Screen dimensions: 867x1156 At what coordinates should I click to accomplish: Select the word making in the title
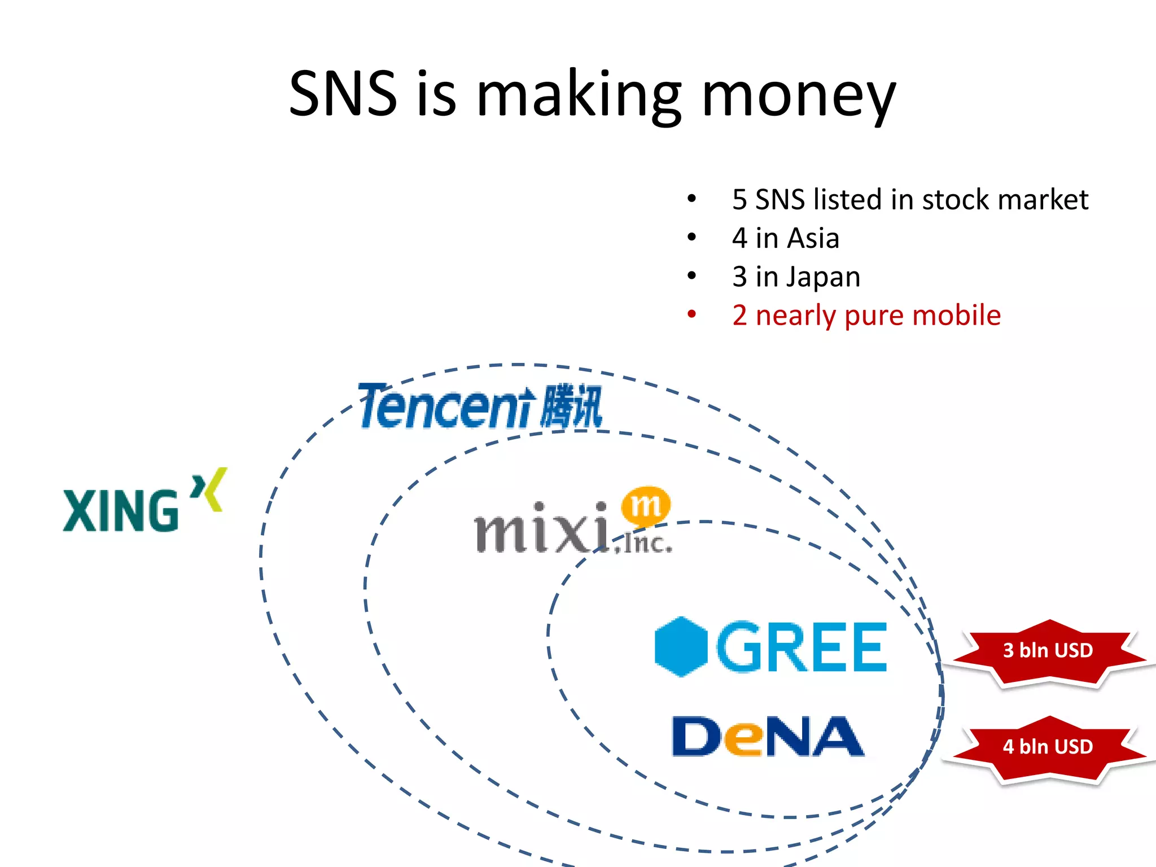(x=579, y=96)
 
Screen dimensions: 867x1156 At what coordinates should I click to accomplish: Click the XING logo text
(x=121, y=511)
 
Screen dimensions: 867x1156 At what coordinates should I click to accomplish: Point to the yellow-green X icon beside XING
(x=209, y=489)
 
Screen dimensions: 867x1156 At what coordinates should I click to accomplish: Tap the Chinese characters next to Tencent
(x=571, y=406)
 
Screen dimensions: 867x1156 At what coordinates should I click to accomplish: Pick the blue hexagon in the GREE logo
(x=681, y=647)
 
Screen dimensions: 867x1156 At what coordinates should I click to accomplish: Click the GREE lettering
(x=802, y=647)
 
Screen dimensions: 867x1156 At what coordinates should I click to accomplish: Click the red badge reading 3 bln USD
(x=1048, y=651)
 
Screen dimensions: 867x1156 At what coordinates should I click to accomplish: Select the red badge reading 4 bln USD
(x=1048, y=747)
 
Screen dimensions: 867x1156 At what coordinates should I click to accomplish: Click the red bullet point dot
(x=692, y=315)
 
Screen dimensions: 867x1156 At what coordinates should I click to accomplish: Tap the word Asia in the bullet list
(x=813, y=238)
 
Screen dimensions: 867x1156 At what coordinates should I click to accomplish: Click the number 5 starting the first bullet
(x=739, y=200)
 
